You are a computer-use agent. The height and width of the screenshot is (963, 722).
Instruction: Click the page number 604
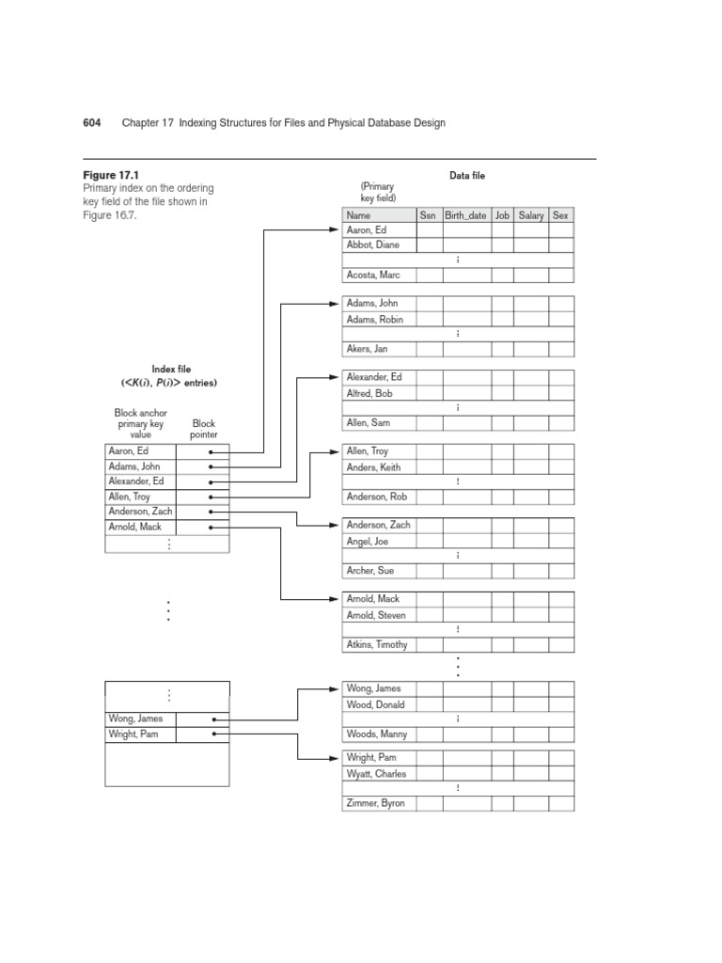tap(93, 123)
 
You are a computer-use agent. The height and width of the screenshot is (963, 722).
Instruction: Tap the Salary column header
tap(531, 215)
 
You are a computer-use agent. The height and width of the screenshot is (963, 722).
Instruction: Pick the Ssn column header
tap(428, 215)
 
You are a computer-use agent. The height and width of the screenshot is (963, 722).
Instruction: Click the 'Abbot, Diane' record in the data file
tap(373, 245)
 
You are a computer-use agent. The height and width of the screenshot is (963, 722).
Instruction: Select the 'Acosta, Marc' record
tap(373, 275)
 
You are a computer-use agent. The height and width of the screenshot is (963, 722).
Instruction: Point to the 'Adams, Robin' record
tap(375, 319)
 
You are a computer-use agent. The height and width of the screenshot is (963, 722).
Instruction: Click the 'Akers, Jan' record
tap(368, 349)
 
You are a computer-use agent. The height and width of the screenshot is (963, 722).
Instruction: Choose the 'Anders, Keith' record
tap(374, 467)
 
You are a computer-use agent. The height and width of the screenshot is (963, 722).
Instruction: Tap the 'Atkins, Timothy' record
tap(379, 645)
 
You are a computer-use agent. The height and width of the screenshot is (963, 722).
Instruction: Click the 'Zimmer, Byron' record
tap(376, 803)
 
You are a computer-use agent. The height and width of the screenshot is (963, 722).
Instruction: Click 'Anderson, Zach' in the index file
tap(141, 512)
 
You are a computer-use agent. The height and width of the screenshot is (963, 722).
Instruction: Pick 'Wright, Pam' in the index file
tap(134, 734)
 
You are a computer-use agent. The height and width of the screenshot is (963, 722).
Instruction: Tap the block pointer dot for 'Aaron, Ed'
tap(212, 452)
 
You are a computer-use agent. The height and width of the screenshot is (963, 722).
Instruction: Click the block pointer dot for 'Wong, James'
tap(214, 719)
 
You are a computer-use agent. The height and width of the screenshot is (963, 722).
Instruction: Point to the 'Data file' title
tap(467, 176)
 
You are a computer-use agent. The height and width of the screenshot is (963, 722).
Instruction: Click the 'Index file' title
tap(171, 370)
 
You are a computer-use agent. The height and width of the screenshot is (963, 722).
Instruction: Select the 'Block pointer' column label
tap(204, 430)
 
